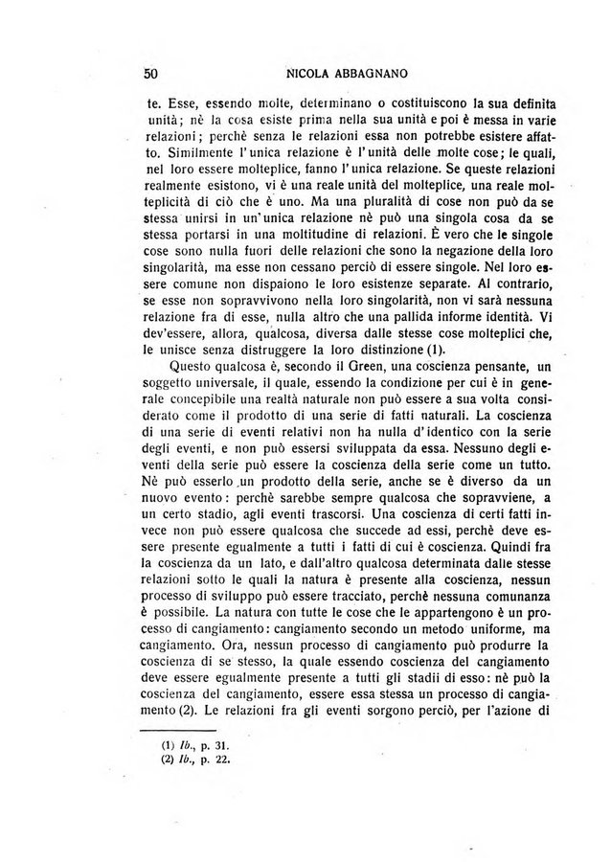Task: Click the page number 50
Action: [x=150, y=72]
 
